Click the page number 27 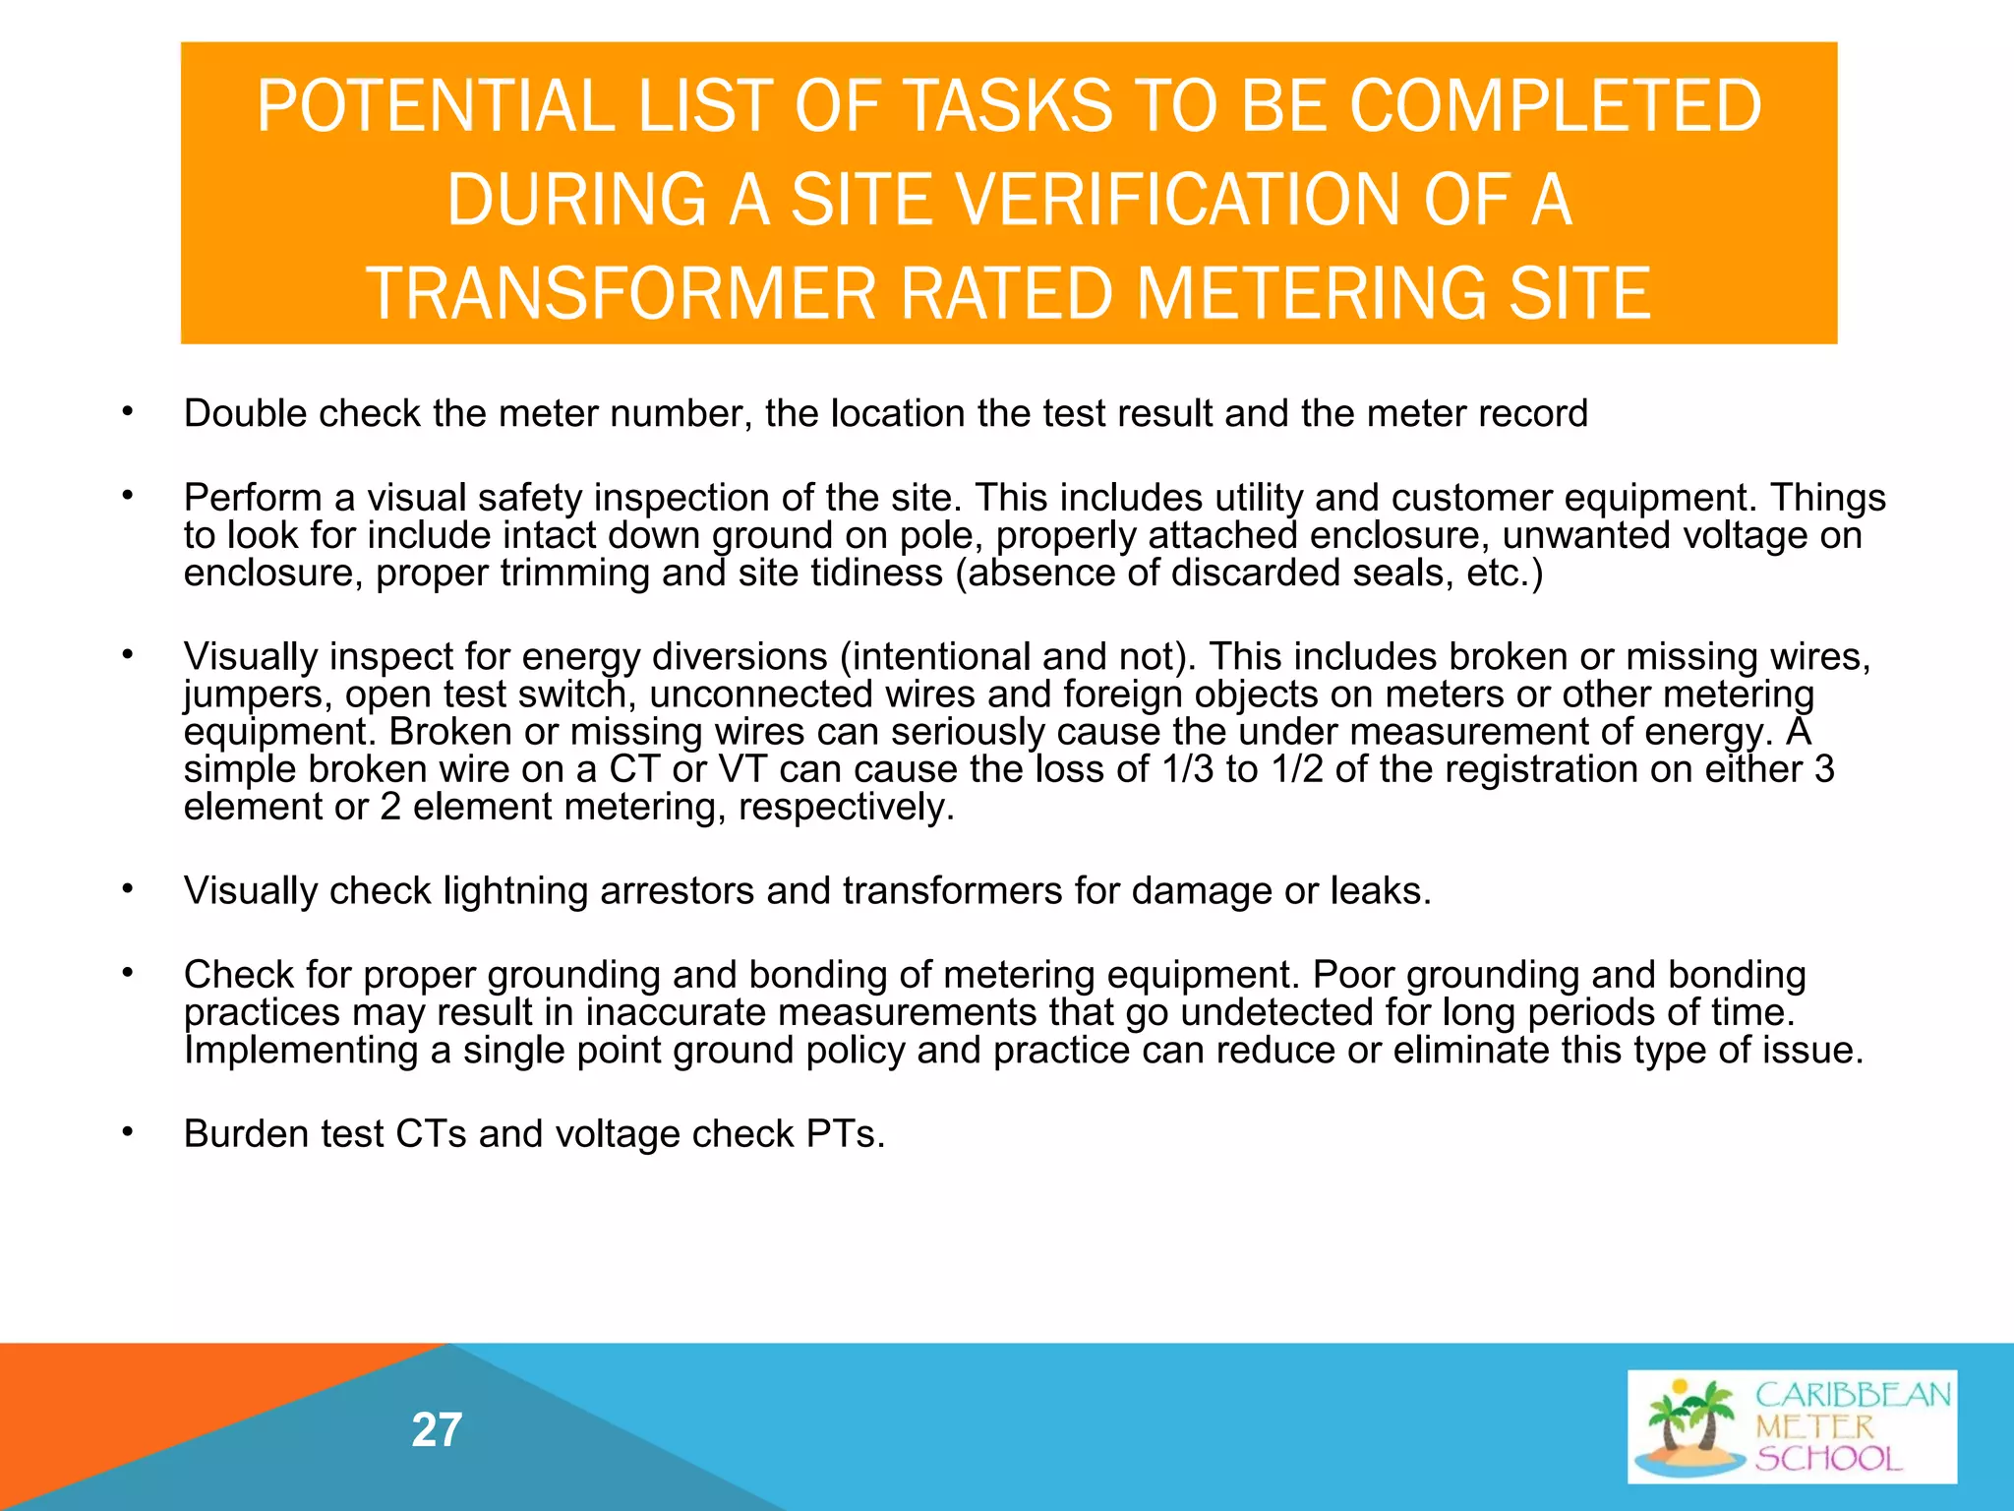coord(437,1429)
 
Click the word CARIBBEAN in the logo coord(1853,1395)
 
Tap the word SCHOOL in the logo coord(1829,1458)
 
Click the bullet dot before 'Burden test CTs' coord(127,1132)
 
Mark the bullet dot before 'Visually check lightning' coord(127,889)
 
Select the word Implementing coord(301,1051)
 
